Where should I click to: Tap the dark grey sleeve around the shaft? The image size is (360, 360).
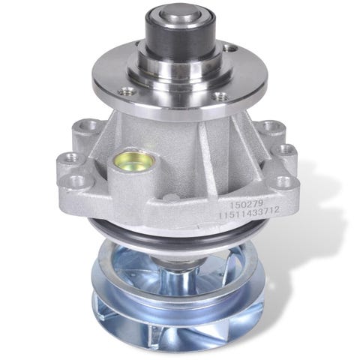point(180,37)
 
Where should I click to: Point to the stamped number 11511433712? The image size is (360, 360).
point(249,215)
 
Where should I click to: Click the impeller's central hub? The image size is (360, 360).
point(181,271)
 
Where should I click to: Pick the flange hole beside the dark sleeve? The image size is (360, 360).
point(229,48)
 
